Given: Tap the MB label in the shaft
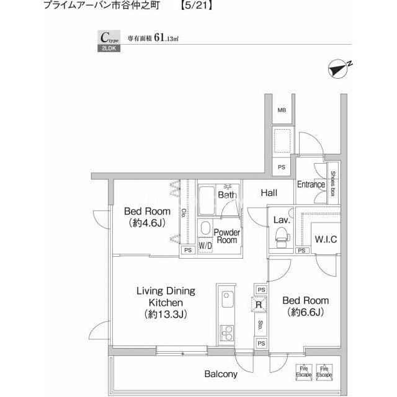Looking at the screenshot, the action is pyautogui.click(x=282, y=110).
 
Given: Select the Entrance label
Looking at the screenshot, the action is pyautogui.click(x=311, y=184).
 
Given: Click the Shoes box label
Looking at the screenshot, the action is pyautogui.click(x=332, y=184).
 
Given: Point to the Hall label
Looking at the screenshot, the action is pyautogui.click(x=269, y=193).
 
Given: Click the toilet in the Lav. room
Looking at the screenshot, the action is pyautogui.click(x=282, y=238).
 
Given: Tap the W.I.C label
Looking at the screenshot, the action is pyautogui.click(x=326, y=239).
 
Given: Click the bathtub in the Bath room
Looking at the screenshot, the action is pyautogui.click(x=207, y=200).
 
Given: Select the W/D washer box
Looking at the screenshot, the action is pyautogui.click(x=205, y=245).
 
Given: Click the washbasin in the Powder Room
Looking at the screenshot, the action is pyautogui.click(x=206, y=228).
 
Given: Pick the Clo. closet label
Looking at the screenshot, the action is pyautogui.click(x=183, y=213).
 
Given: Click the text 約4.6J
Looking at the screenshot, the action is pyautogui.click(x=147, y=223).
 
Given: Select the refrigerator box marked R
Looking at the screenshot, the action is pyautogui.click(x=259, y=305).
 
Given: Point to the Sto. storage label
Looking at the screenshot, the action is pyautogui.click(x=260, y=325).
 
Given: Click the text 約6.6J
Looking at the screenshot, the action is pyautogui.click(x=306, y=313).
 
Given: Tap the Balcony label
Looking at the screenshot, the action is pyautogui.click(x=221, y=374).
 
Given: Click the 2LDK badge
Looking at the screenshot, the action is pyautogui.click(x=109, y=48).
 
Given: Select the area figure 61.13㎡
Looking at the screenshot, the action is pyautogui.click(x=166, y=38).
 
